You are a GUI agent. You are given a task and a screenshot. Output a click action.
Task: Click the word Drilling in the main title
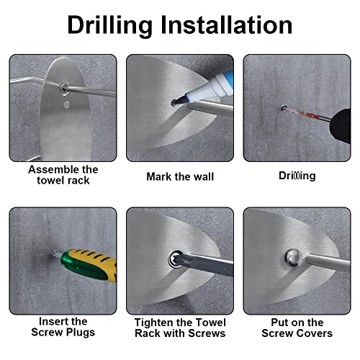(x=110, y=25)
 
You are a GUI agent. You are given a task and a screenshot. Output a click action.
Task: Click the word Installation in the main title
(x=226, y=25)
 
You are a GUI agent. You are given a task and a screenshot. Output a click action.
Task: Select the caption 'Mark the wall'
(x=180, y=177)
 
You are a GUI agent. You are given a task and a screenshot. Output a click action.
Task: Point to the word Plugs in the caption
(x=81, y=333)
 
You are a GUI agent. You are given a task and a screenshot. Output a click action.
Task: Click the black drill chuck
(x=340, y=126)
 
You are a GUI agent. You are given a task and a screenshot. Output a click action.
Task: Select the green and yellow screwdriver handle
(x=89, y=265)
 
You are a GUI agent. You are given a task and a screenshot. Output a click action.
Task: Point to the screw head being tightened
(x=176, y=259)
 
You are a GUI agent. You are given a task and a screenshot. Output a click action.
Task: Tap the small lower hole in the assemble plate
(x=66, y=104)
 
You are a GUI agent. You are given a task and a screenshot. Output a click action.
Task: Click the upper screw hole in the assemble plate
(x=64, y=89)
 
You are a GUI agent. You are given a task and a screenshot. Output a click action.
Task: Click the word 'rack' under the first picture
(x=78, y=181)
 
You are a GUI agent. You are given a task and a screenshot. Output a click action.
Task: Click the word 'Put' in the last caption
(x=279, y=323)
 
